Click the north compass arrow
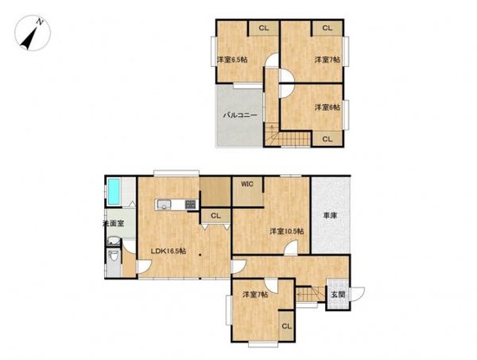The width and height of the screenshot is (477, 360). pyautogui.click(x=32, y=36)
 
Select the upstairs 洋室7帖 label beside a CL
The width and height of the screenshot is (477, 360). pyautogui.click(x=326, y=60)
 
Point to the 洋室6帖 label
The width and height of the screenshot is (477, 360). pyautogui.click(x=326, y=108)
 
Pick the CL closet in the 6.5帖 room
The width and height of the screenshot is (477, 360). pyautogui.click(x=263, y=29)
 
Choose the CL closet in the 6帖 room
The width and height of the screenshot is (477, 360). pyautogui.click(x=327, y=138)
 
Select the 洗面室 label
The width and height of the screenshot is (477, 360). pyautogui.click(x=113, y=223)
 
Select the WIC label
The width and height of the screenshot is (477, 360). pyautogui.click(x=247, y=184)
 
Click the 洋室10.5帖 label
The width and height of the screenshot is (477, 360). pyautogui.click(x=285, y=231)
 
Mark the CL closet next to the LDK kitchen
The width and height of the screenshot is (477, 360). pyautogui.click(x=215, y=216)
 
